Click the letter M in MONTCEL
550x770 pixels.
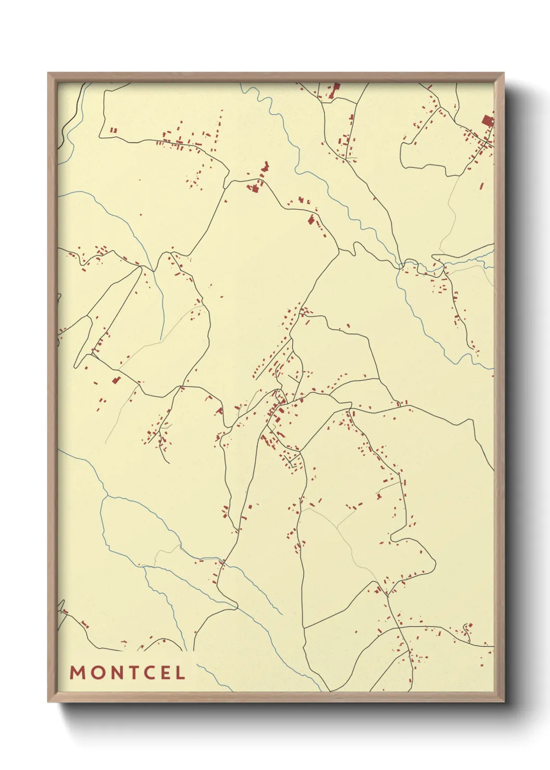pyautogui.click(x=77, y=673)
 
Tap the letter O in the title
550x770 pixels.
pyautogui.click(x=97, y=673)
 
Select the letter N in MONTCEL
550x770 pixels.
pyautogui.click(x=117, y=673)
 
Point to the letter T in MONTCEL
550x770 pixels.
pyautogui.click(x=134, y=673)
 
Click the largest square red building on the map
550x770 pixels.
pyautogui.click(x=487, y=121)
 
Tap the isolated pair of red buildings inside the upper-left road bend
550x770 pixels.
pyautogui.click(x=114, y=131)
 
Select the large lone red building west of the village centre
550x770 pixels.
pyautogui.click(x=116, y=380)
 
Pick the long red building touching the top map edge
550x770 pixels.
pyautogui.click(x=336, y=88)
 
